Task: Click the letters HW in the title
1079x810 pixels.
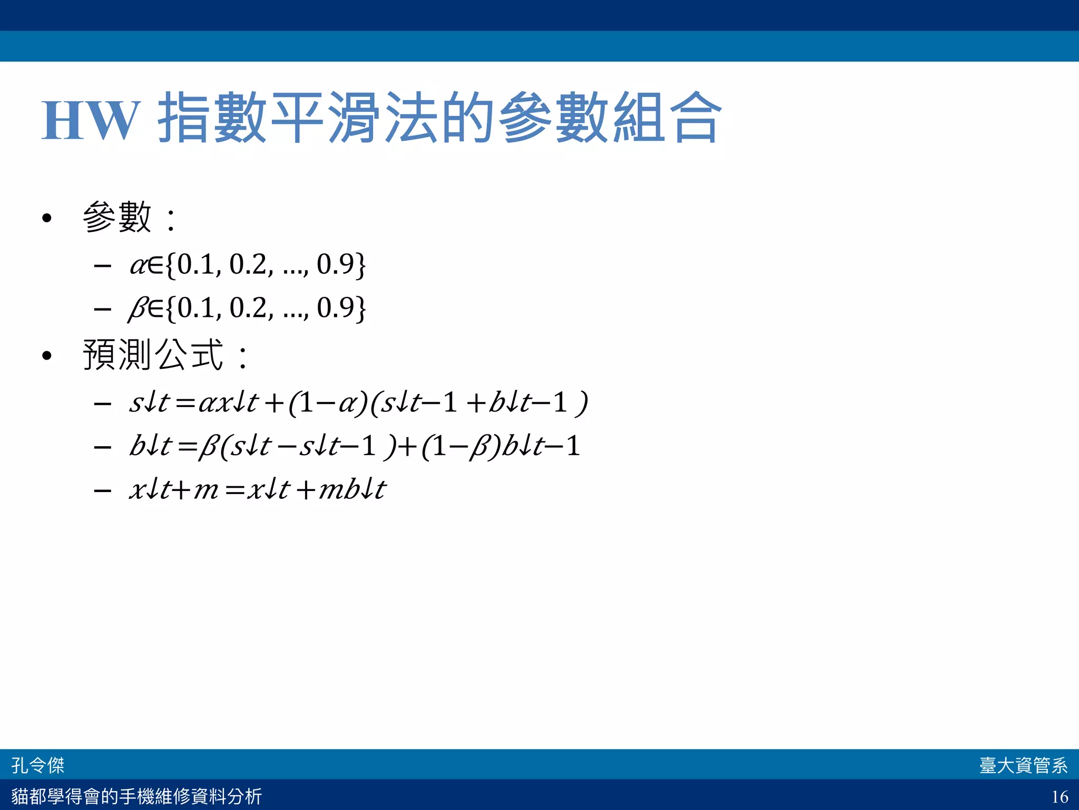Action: (x=91, y=120)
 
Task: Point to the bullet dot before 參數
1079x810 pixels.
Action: (x=47, y=218)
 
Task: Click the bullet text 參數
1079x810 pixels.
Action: (x=117, y=217)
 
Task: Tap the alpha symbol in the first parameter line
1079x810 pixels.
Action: (x=138, y=265)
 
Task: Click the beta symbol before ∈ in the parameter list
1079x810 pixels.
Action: (x=138, y=309)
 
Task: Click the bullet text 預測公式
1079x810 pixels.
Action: (x=153, y=354)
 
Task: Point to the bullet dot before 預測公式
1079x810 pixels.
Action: (x=47, y=356)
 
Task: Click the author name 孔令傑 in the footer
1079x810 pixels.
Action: (x=38, y=765)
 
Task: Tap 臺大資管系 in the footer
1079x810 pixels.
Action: (x=1023, y=765)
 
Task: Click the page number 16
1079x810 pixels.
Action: (x=1060, y=796)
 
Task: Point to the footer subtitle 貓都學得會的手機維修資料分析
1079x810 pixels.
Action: (x=136, y=796)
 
